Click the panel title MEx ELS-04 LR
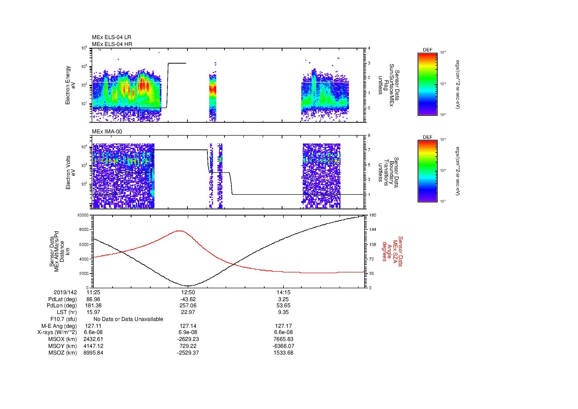tap(111, 37)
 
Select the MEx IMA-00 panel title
tap(107, 132)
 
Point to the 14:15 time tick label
tap(283, 292)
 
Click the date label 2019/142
tap(65, 292)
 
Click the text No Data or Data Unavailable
tap(128, 319)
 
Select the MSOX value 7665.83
tap(283, 339)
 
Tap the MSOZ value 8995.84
tap(93, 353)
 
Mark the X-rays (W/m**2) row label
tap(57, 332)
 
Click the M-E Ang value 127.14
tap(188, 326)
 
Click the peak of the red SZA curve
tap(179, 231)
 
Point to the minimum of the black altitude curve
tap(189, 286)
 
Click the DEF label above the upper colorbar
tap(428, 50)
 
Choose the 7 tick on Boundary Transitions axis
tap(369, 150)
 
